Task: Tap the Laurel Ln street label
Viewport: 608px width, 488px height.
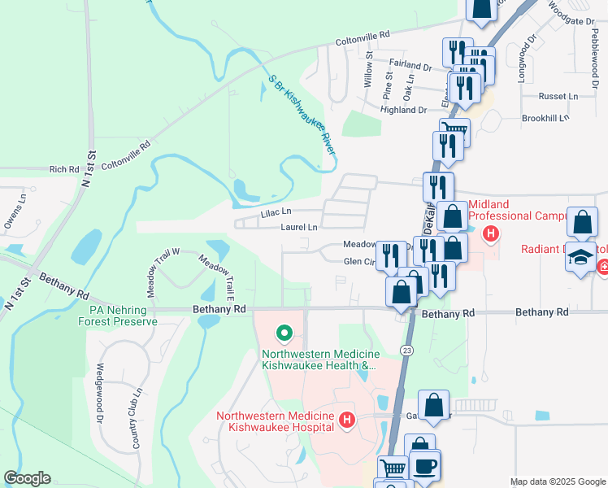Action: pyautogui.click(x=298, y=228)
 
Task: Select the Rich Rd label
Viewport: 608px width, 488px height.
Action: pyautogui.click(x=63, y=169)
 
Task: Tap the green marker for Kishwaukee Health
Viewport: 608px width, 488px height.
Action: pyautogui.click(x=284, y=333)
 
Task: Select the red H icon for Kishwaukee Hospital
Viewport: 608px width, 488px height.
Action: pyautogui.click(x=347, y=420)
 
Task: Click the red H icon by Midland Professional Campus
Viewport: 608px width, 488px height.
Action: pyautogui.click(x=490, y=234)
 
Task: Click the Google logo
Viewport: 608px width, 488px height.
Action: pyautogui.click(x=27, y=478)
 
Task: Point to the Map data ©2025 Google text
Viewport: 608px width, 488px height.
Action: pyautogui.click(x=558, y=481)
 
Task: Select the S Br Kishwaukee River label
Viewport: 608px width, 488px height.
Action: pyautogui.click(x=302, y=117)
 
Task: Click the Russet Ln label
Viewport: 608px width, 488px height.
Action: pyautogui.click(x=560, y=96)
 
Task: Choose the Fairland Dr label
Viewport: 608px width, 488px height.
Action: pyautogui.click(x=410, y=66)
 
